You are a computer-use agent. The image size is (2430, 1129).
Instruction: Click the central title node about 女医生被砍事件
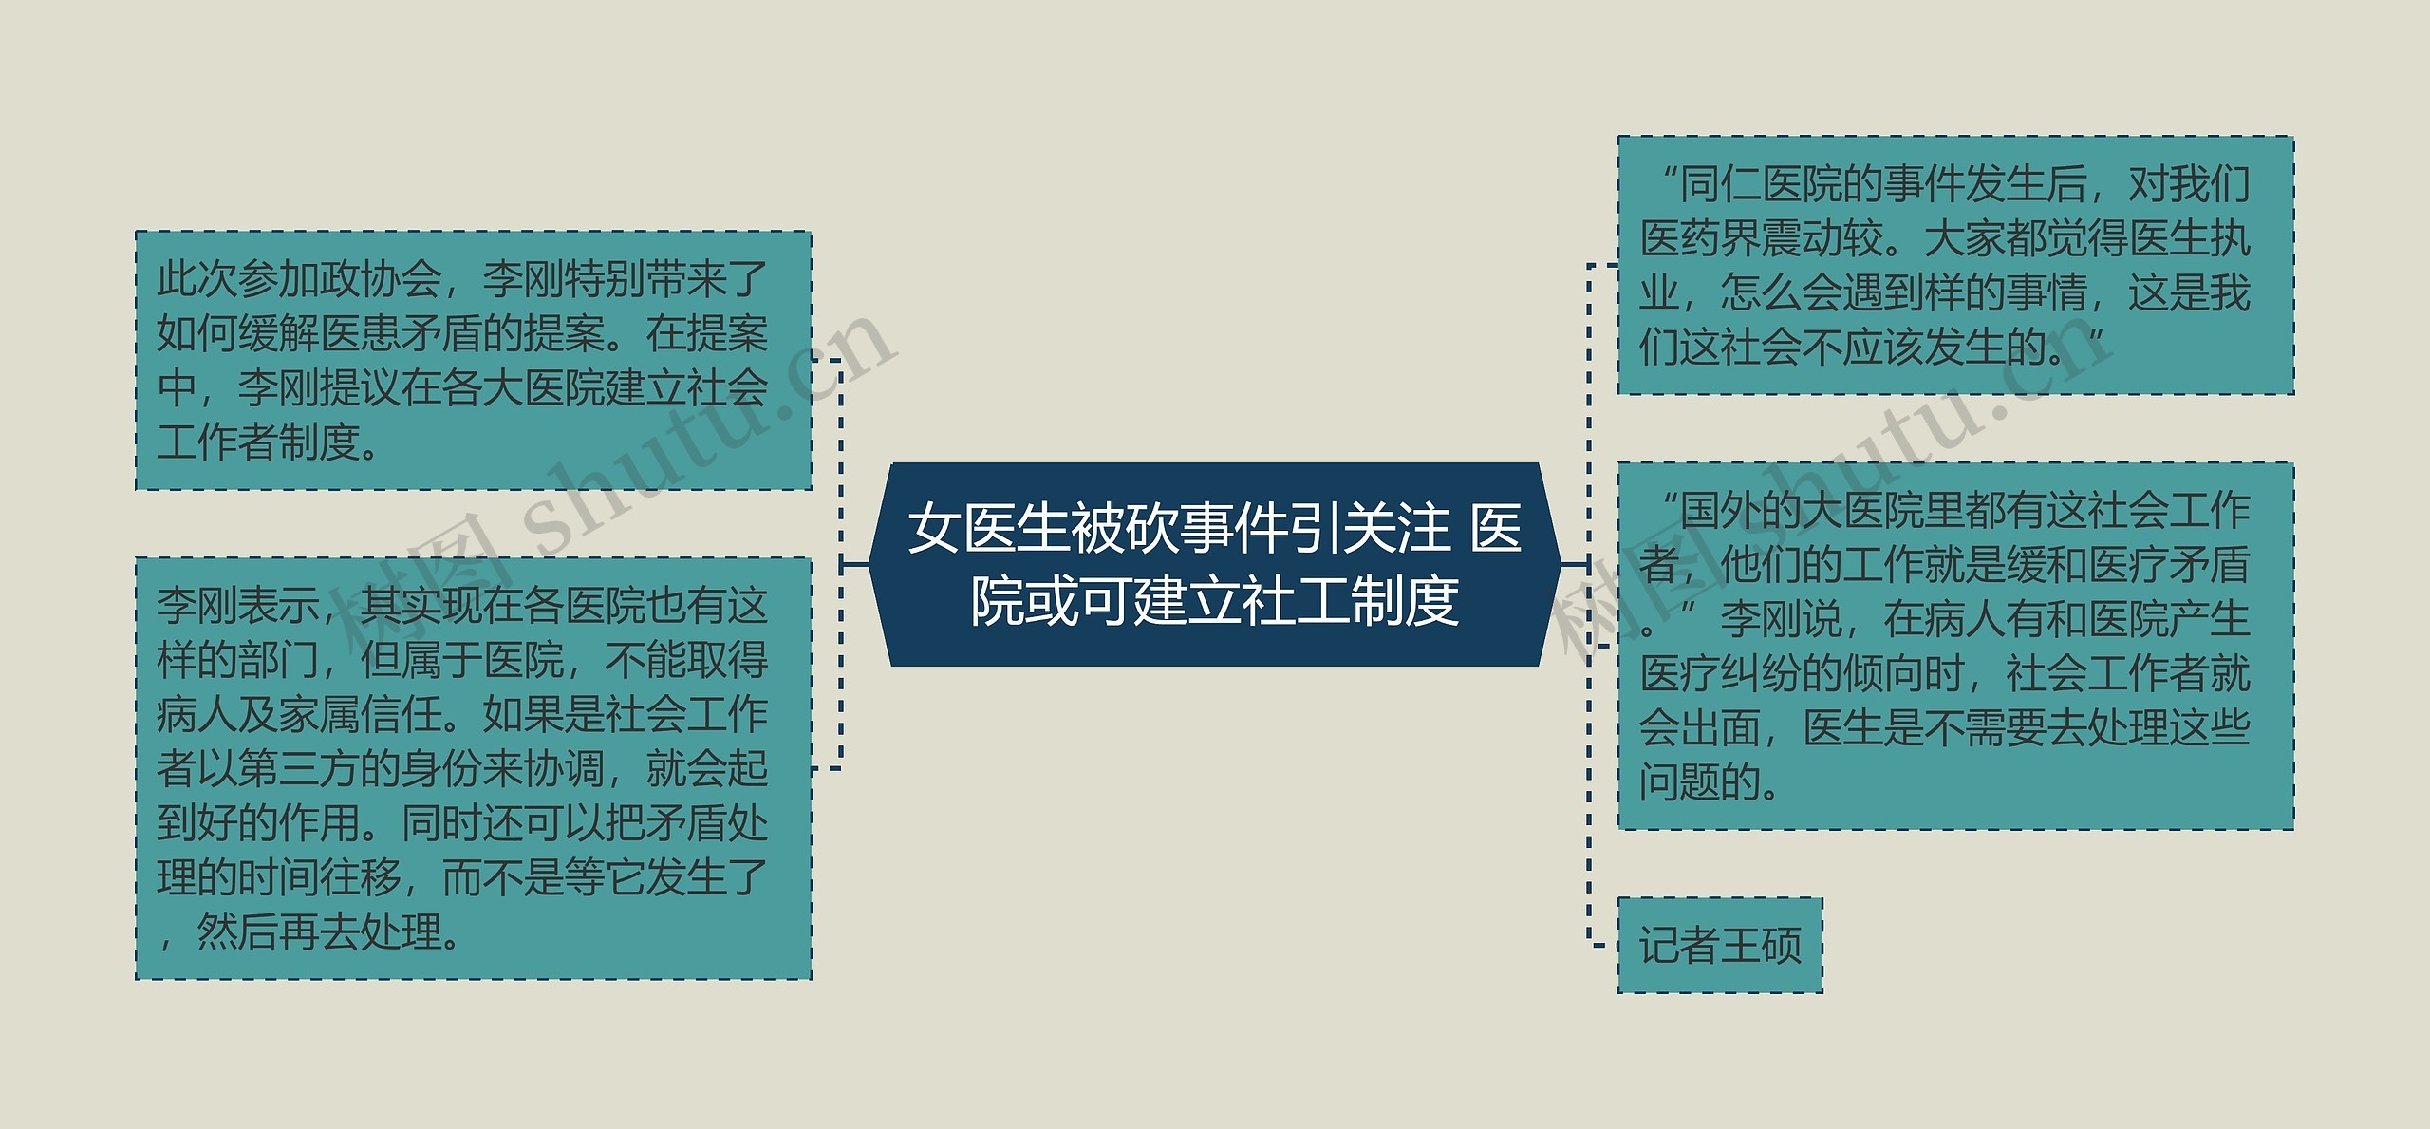coord(1214,564)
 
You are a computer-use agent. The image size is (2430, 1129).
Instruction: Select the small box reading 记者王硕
coord(1719,946)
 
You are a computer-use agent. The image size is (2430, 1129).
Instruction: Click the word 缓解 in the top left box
coord(279,333)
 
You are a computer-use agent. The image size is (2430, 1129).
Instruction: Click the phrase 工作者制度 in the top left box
coord(258,442)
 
